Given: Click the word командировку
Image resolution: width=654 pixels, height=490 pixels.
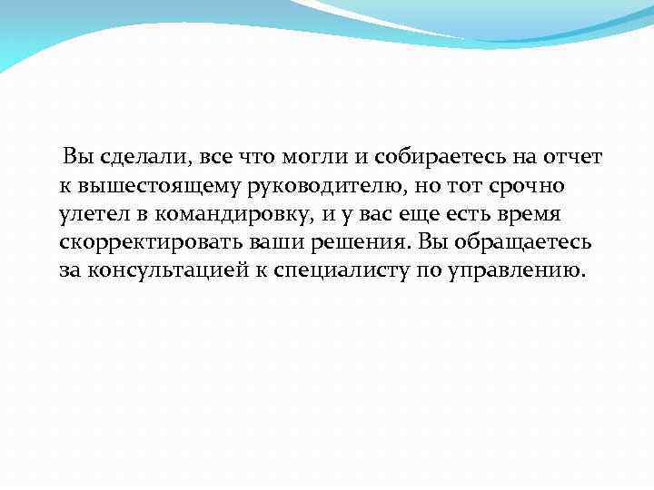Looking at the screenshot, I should [234, 217].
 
